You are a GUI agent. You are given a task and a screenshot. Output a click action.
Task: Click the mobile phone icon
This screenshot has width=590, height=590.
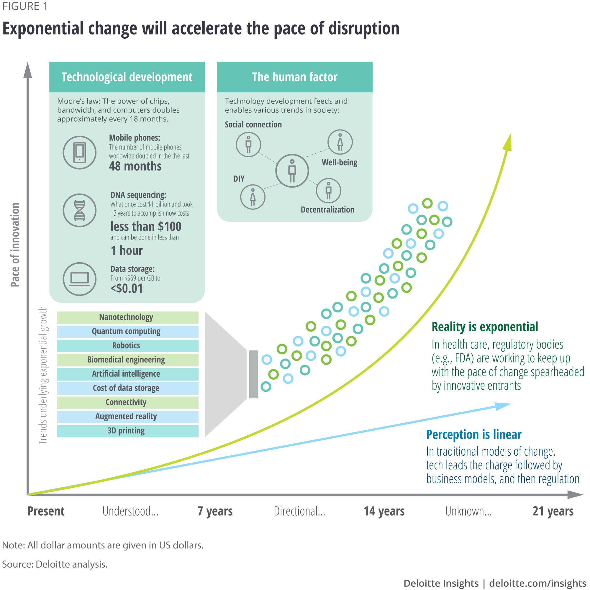79,153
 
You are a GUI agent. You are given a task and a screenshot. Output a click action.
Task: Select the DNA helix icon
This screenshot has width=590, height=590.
79,210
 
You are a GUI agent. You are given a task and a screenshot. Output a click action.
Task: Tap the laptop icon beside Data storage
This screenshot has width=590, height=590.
79,279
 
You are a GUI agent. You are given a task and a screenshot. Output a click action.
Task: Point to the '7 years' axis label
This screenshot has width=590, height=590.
215,511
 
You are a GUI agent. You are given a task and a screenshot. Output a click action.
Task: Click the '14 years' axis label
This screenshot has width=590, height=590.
384,511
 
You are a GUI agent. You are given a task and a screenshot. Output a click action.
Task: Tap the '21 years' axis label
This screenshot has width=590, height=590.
553,511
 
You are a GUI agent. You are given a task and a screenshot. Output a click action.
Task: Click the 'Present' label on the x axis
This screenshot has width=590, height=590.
46,511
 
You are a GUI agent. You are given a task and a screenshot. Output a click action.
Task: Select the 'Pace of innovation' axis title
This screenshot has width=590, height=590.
15,245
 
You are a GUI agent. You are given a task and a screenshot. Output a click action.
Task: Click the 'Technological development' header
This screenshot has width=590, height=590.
127,77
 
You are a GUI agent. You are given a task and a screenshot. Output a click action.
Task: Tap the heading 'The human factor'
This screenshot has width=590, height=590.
294,77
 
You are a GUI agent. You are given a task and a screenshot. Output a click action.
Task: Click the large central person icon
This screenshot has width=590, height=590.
292,171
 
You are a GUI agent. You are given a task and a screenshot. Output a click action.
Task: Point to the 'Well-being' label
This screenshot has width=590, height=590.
339,163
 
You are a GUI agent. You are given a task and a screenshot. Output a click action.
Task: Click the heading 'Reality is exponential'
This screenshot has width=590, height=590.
485,327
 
